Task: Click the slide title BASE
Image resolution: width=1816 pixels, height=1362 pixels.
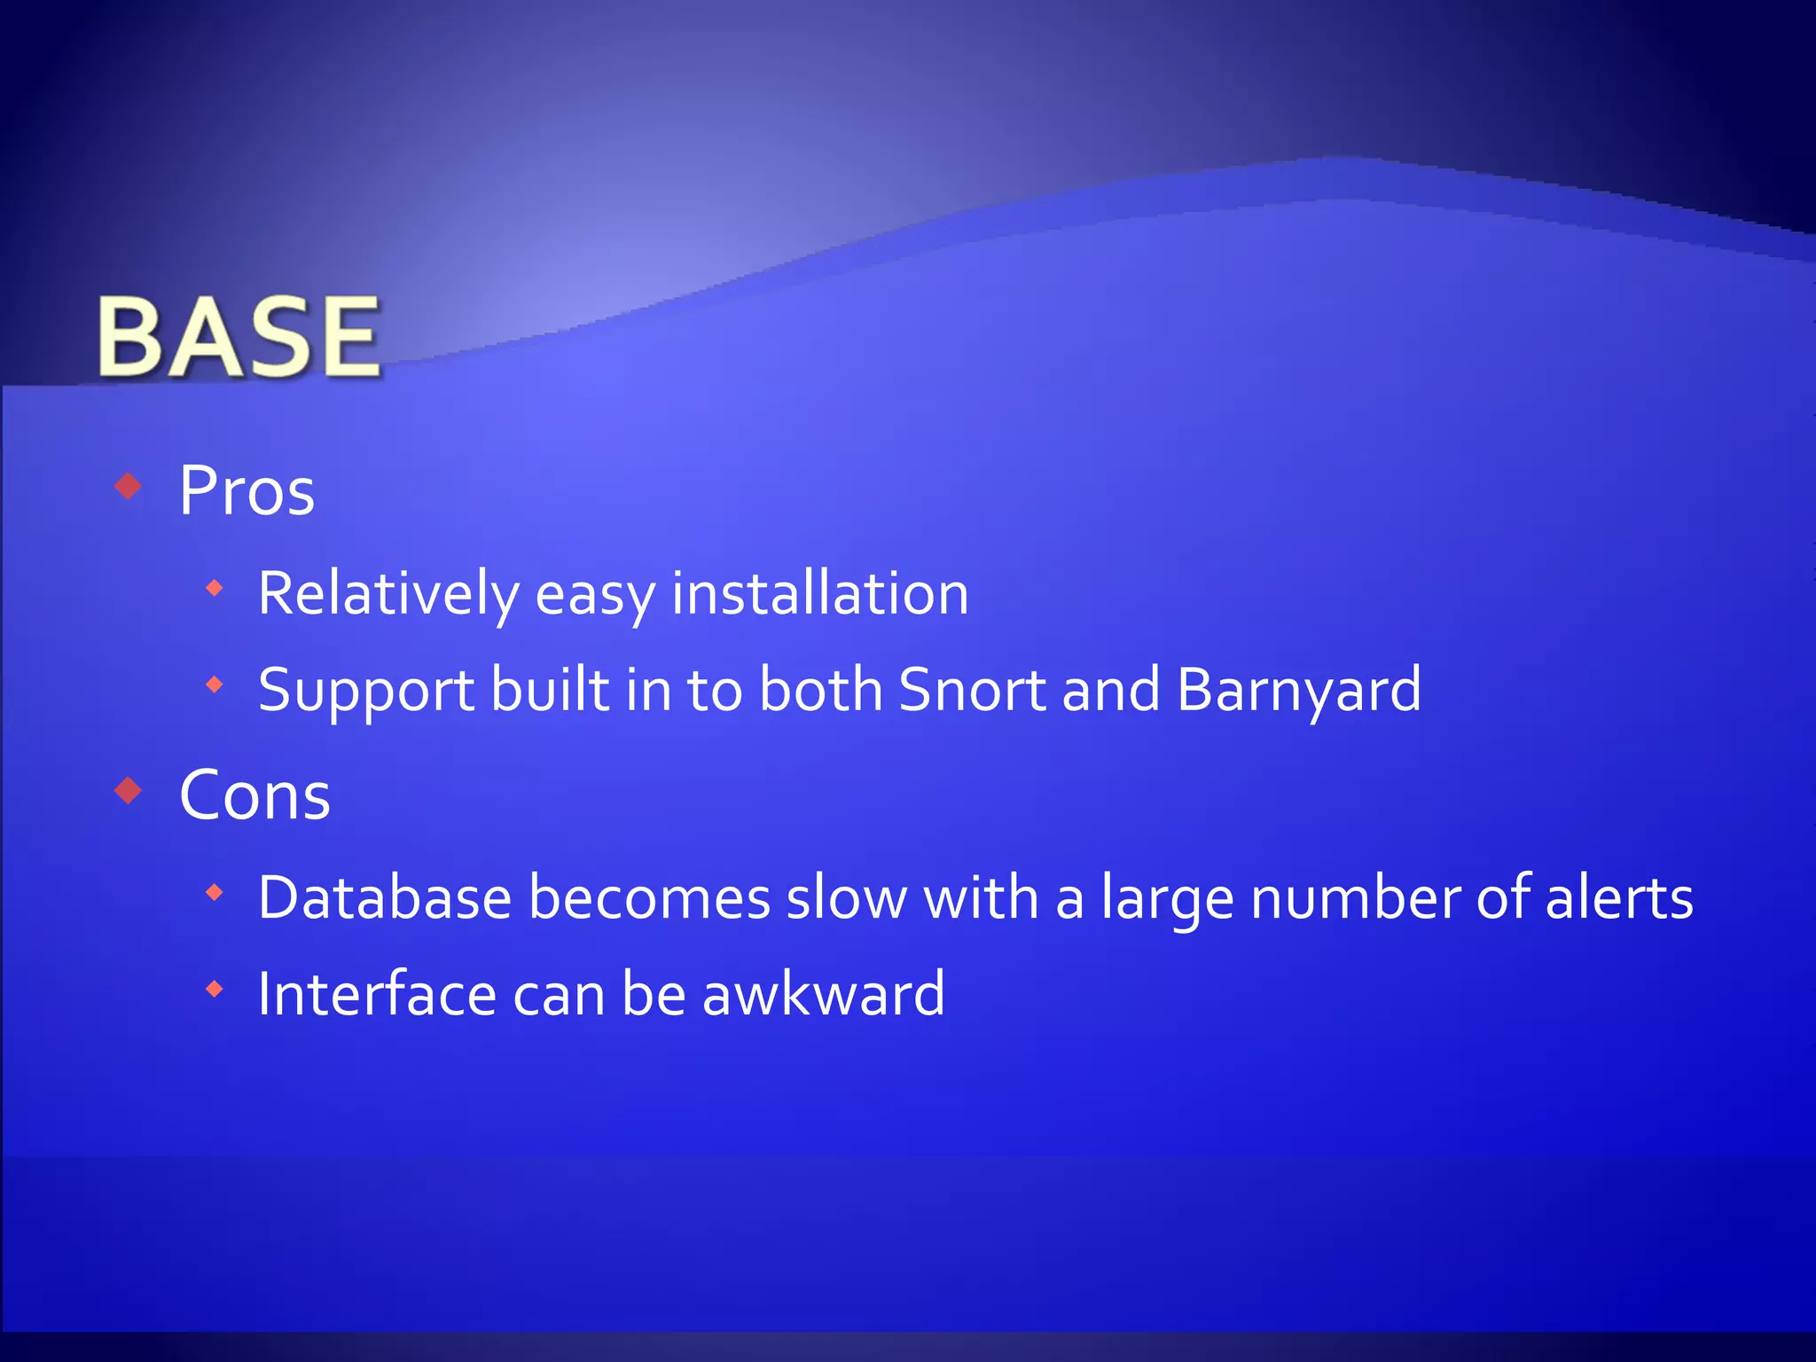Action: point(239,337)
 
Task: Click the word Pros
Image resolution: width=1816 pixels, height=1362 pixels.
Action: point(247,490)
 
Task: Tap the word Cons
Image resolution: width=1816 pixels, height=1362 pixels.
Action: point(254,795)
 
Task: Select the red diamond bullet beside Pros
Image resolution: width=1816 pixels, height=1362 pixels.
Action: point(129,486)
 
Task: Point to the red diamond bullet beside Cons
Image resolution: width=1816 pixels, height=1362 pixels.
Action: point(129,790)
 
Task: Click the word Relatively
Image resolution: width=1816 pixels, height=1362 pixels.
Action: point(387,593)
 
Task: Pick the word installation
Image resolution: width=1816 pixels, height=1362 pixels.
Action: point(819,593)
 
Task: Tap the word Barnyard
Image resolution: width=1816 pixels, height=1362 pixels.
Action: point(1299,691)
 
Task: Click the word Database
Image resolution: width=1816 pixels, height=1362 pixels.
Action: point(385,897)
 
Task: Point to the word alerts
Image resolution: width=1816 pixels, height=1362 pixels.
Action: point(1619,897)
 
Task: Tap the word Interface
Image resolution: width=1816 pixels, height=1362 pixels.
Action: point(376,994)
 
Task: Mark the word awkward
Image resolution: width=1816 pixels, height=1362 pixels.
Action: point(823,994)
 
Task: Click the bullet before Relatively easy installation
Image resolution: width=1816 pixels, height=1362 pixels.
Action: point(214,588)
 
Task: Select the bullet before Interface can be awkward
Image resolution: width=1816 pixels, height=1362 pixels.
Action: point(214,989)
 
